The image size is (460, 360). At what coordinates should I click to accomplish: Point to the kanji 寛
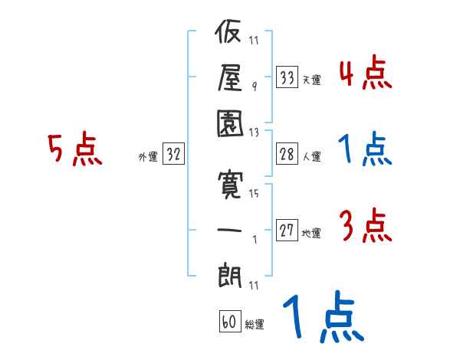point(230,185)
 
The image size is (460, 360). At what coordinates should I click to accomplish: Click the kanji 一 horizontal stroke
point(230,229)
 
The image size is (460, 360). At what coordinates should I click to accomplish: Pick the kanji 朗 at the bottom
point(230,272)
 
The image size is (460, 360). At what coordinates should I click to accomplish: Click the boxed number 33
point(287,77)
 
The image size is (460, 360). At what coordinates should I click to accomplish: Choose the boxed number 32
point(172,155)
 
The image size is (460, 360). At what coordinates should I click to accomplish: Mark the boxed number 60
point(228,322)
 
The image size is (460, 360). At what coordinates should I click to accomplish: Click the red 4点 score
point(365,74)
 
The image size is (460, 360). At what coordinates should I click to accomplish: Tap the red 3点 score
point(365,227)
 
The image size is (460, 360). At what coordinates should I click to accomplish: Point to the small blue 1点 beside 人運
point(365,150)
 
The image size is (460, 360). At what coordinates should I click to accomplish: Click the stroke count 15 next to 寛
point(254,194)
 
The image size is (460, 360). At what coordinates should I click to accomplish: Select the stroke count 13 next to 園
point(254,132)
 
